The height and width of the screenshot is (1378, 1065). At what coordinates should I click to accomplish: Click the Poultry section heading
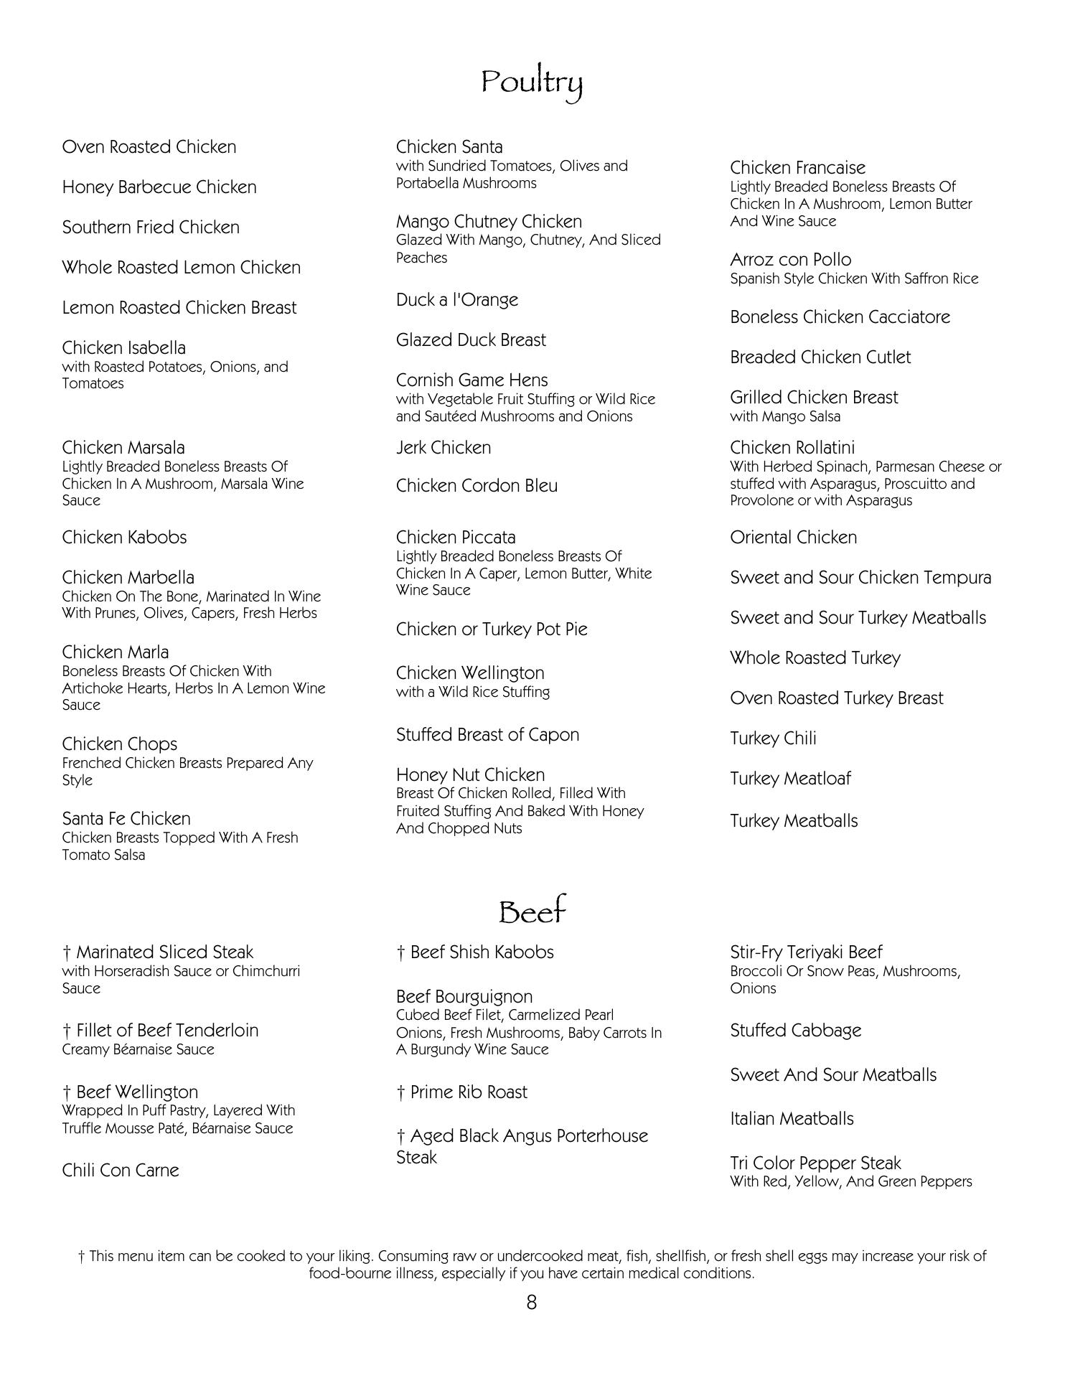pos(531,83)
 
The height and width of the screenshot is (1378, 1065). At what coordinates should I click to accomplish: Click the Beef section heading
pos(532,911)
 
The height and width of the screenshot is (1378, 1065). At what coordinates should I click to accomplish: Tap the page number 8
pos(531,1302)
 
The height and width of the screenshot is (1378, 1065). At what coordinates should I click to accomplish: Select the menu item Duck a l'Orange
pos(456,300)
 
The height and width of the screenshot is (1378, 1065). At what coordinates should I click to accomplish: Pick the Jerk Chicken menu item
pos(444,448)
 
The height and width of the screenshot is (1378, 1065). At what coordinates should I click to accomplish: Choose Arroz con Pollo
pos(790,260)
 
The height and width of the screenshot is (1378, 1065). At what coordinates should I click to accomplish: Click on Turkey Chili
pos(773,739)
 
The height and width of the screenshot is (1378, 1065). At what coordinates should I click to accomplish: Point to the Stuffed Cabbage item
pos(795,1031)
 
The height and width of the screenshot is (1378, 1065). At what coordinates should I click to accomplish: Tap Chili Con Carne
pos(121,1171)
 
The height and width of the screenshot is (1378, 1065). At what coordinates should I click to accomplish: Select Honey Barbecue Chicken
pos(159,187)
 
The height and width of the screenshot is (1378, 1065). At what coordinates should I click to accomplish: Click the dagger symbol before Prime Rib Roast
pos(400,1092)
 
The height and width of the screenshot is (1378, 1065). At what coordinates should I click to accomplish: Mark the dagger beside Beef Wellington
pos(67,1092)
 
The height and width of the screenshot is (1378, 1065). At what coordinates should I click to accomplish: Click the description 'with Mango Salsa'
pos(785,416)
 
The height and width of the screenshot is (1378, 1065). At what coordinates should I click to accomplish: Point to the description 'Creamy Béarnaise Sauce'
pos(138,1049)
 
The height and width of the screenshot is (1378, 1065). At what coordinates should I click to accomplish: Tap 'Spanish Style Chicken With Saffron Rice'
pos(854,278)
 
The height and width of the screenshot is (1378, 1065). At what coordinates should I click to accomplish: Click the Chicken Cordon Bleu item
pos(477,486)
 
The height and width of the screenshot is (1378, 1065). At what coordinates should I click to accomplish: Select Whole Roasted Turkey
pos(815,658)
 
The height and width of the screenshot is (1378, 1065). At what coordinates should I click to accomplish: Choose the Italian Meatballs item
pos(792,1119)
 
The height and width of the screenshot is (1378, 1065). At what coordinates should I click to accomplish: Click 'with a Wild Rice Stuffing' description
pos(472,692)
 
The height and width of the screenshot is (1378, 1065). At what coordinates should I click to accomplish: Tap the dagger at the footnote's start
pos(82,1257)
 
